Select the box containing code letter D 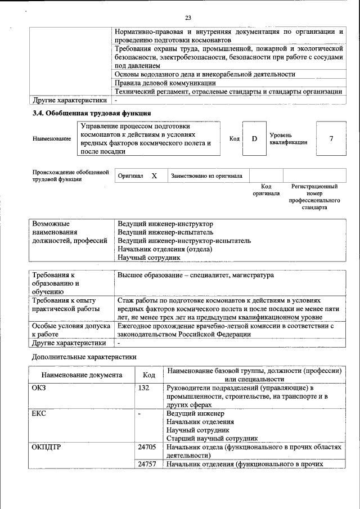254,139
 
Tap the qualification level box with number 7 331,139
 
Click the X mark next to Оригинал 154,176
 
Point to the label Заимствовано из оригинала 206,176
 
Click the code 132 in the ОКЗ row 143,389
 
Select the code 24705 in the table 147,447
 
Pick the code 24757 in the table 147,464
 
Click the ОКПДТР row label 48,447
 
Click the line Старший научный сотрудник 212,438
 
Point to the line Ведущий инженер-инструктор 165,224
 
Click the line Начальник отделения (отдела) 164,249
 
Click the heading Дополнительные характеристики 84,357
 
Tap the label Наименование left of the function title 52,139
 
